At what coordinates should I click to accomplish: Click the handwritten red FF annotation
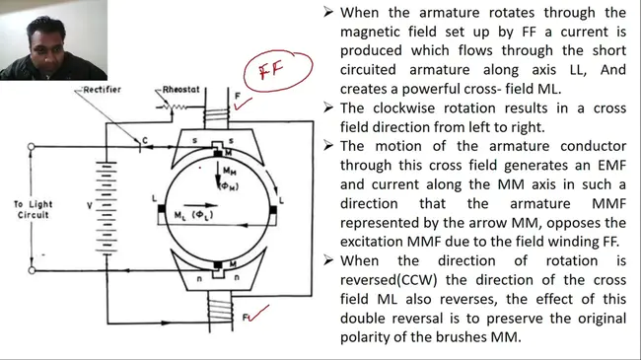click(271, 70)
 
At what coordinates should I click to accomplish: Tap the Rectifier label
click(102, 90)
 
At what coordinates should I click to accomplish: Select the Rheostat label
click(180, 90)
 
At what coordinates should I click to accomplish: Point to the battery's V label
click(90, 205)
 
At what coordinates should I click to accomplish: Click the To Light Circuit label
click(34, 209)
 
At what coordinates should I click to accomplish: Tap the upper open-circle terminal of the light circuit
click(32, 146)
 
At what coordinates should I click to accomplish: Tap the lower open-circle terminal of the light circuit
click(32, 270)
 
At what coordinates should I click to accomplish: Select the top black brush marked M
click(218, 153)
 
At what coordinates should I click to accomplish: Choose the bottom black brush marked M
click(218, 265)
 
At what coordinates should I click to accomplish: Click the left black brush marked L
click(162, 209)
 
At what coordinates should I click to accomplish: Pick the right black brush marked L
click(273, 210)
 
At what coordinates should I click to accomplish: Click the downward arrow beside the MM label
click(218, 176)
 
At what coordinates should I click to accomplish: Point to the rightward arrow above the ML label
click(200, 205)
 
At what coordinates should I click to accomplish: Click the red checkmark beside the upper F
click(243, 105)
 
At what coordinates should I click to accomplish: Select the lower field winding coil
click(220, 310)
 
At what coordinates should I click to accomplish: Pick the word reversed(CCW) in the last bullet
click(389, 280)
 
